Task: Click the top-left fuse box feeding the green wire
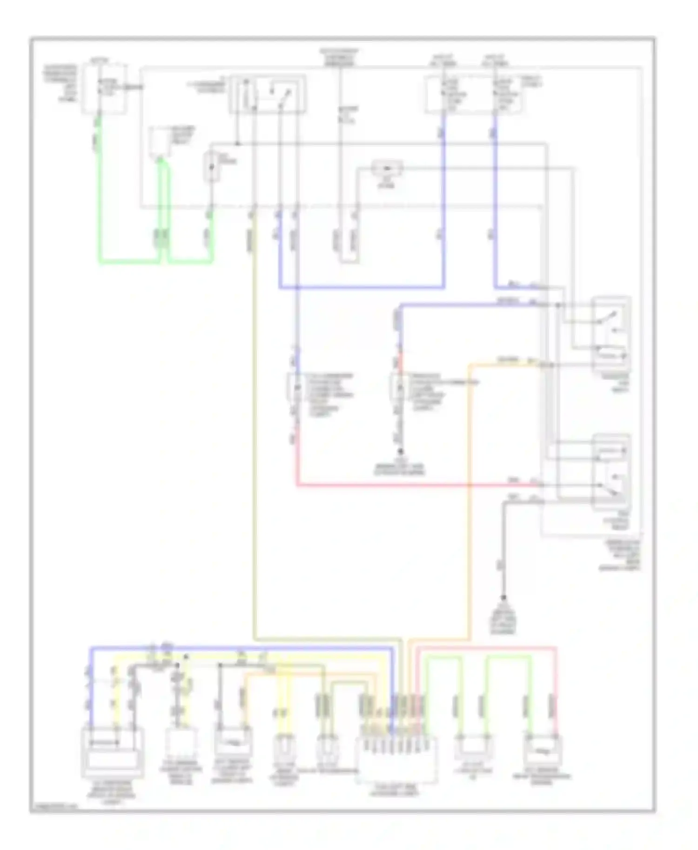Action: [104, 89]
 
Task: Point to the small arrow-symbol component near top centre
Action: [387, 167]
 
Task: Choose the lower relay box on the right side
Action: [611, 471]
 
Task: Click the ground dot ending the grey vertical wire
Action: [503, 598]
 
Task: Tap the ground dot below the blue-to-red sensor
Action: [400, 452]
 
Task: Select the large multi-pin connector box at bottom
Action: [396, 758]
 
